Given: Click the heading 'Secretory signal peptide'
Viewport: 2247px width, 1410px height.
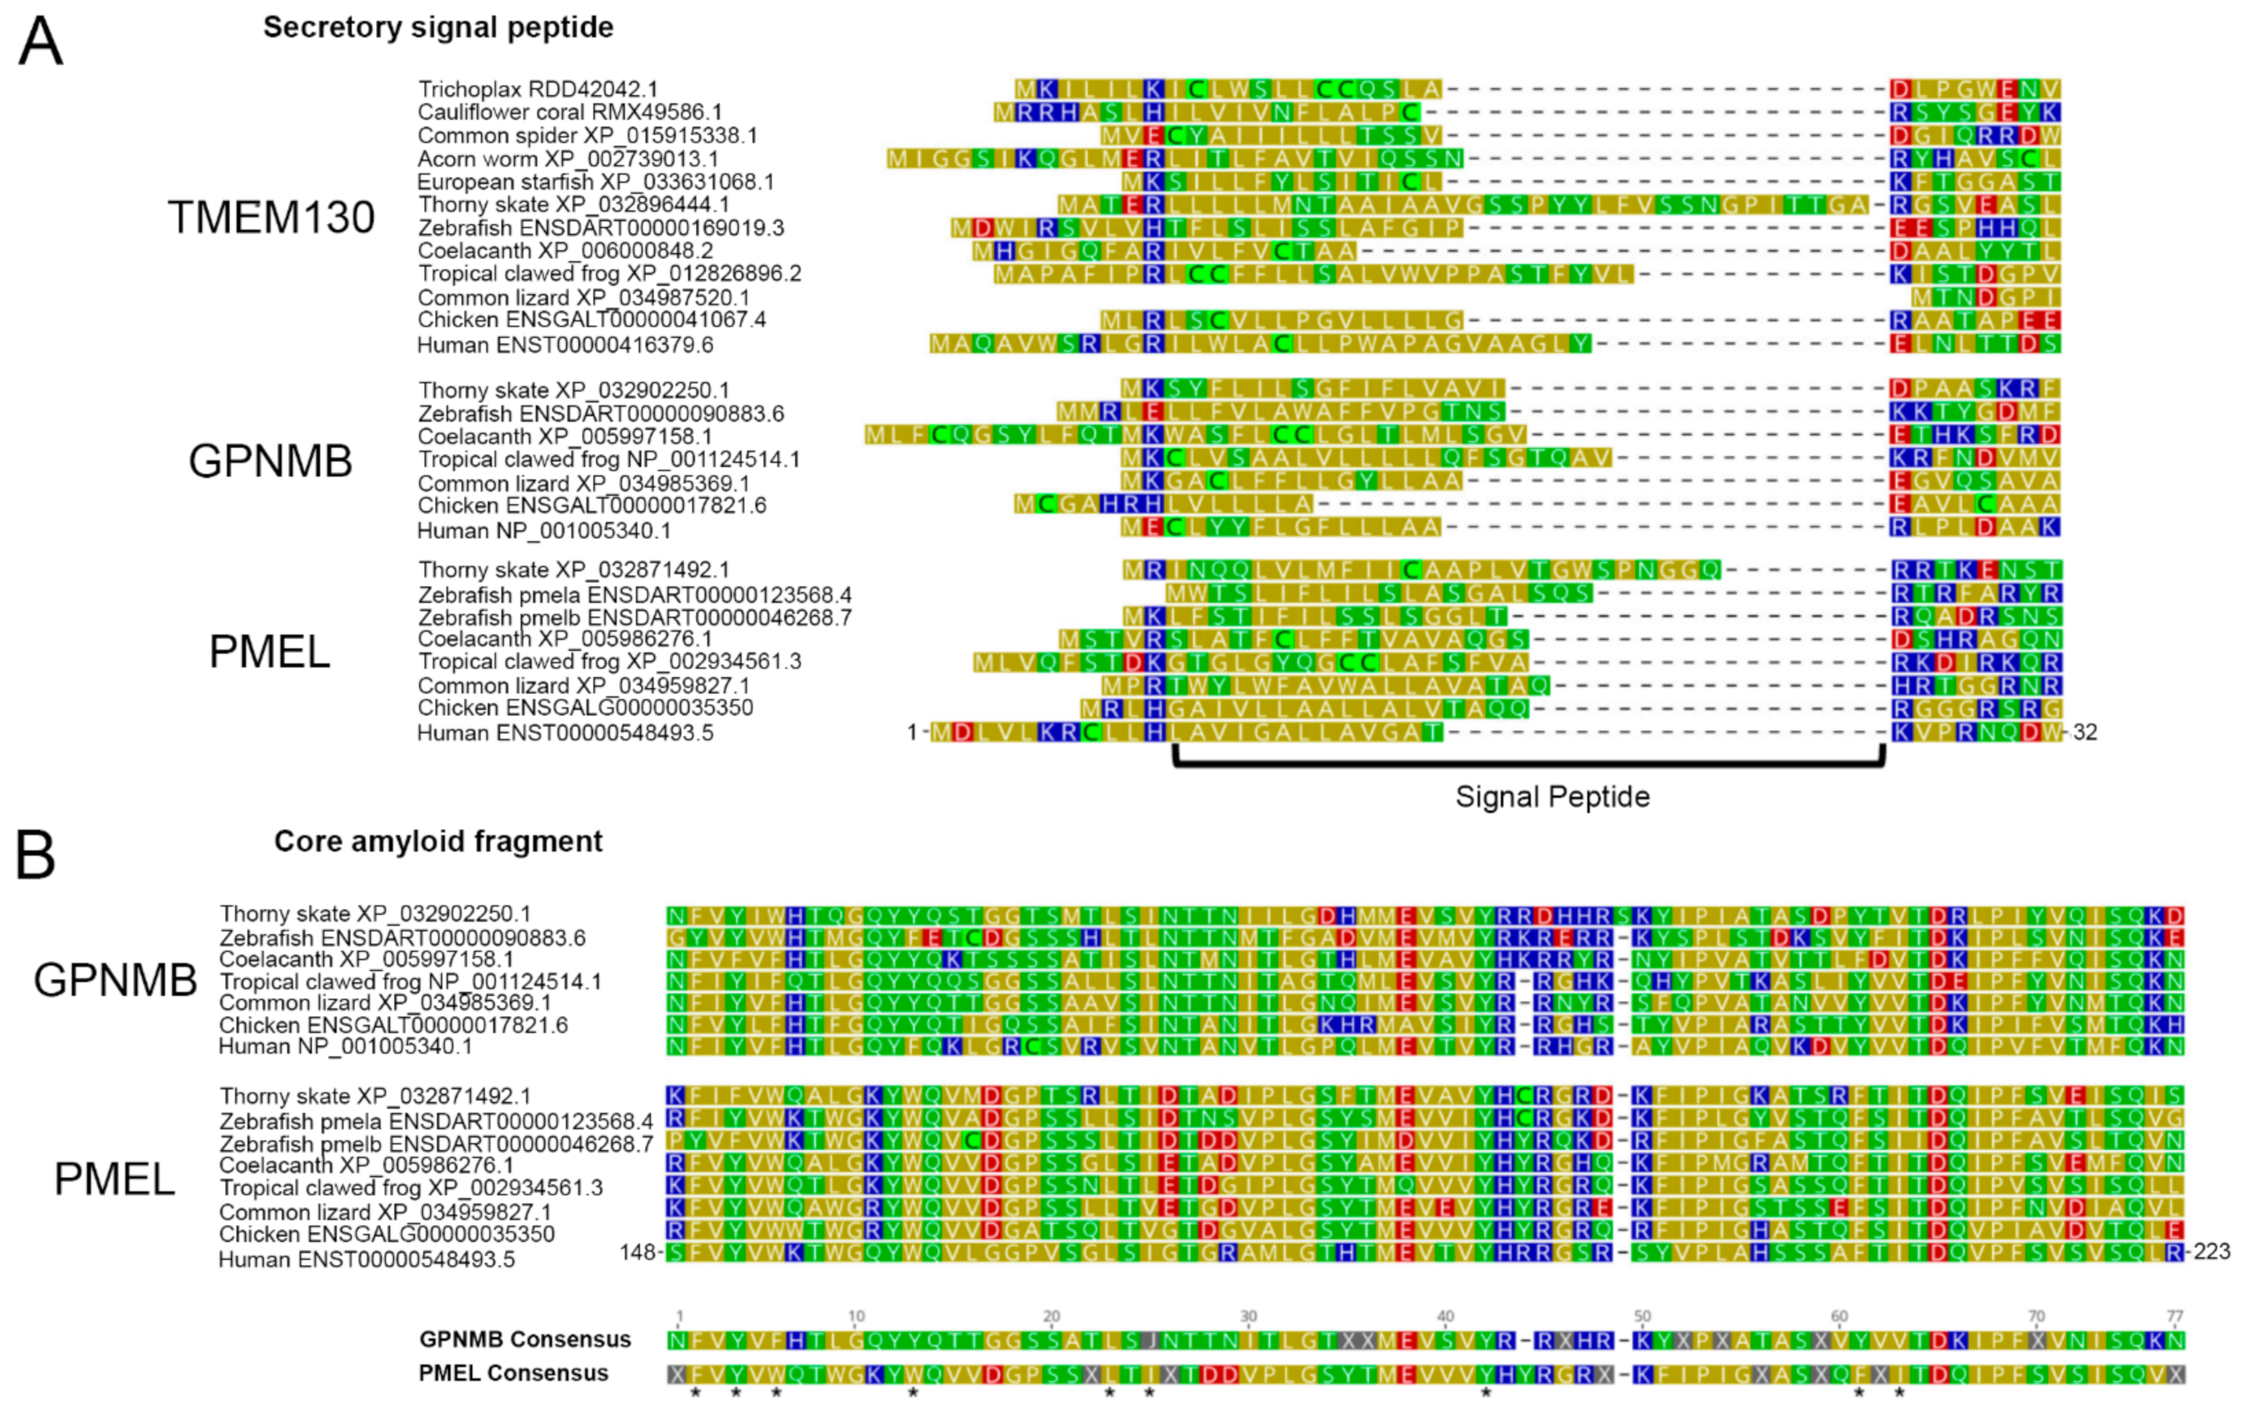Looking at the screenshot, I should click(x=438, y=27).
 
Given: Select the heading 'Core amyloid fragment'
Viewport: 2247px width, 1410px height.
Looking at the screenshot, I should click(x=438, y=841).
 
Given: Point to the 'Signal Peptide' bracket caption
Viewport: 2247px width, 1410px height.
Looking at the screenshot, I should click(x=1553, y=796).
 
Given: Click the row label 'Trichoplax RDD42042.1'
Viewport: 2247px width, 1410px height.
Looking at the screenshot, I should click(x=538, y=89).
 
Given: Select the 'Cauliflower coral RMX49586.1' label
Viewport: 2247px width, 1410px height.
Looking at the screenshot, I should click(x=570, y=112).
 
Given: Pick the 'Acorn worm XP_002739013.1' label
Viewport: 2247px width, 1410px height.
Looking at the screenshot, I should click(x=568, y=158).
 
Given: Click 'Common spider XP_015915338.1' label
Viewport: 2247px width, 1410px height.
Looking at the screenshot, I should click(x=587, y=135).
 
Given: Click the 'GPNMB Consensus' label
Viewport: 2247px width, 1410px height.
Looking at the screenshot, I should click(x=525, y=1339).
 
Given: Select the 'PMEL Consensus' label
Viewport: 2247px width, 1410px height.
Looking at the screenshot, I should click(x=514, y=1373).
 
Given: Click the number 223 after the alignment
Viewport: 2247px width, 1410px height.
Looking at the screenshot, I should click(x=2212, y=1252).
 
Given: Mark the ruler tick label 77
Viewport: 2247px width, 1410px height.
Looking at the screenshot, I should click(x=2174, y=1316).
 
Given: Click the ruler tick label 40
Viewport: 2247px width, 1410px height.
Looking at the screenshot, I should click(x=1445, y=1316).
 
